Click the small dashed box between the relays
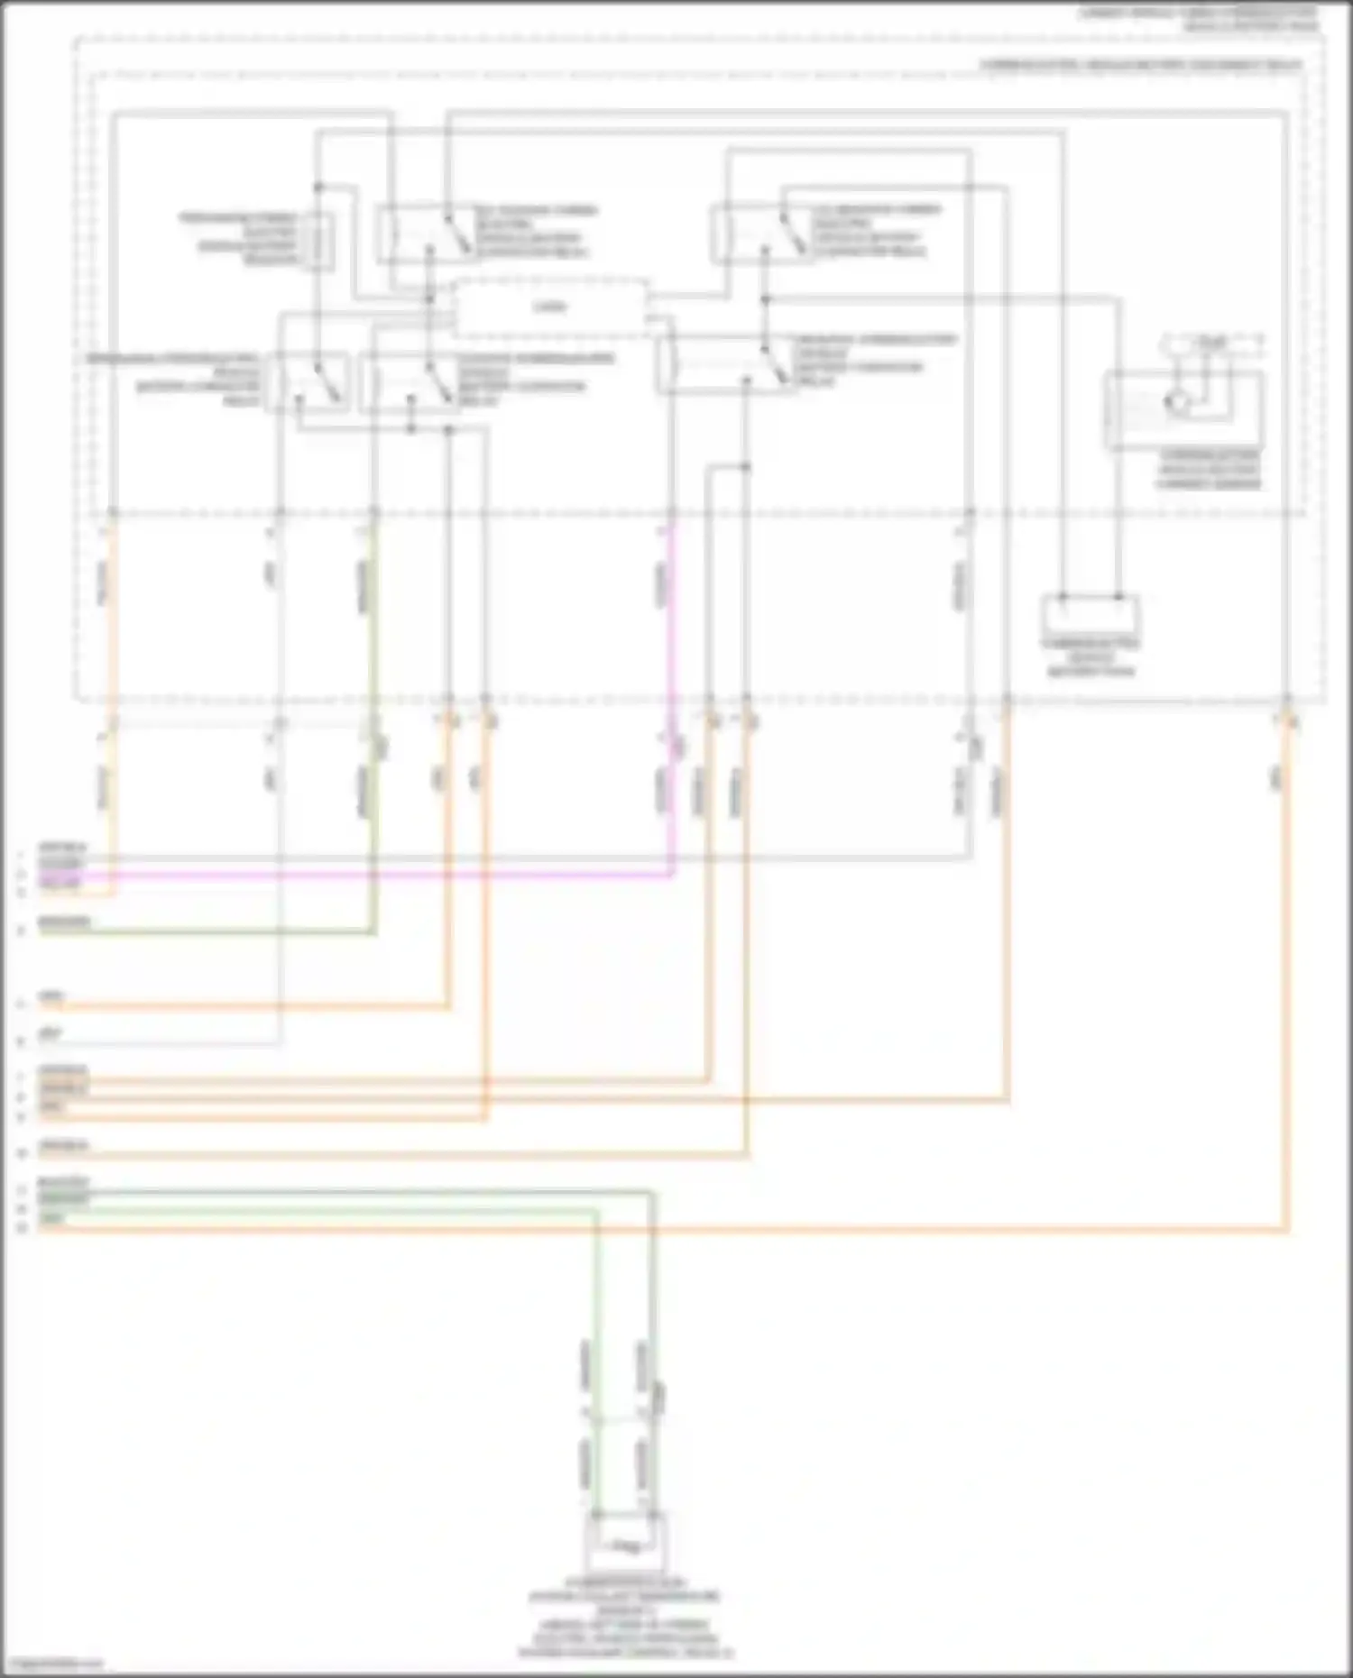[550, 307]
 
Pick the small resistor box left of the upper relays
[318, 241]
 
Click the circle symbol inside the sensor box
[1177, 403]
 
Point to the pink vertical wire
[672, 703]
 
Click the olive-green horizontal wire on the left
[207, 932]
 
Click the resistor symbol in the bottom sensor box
[625, 1546]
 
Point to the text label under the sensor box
[1209, 469]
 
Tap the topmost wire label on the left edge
[61, 848]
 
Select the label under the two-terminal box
[1091, 657]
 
